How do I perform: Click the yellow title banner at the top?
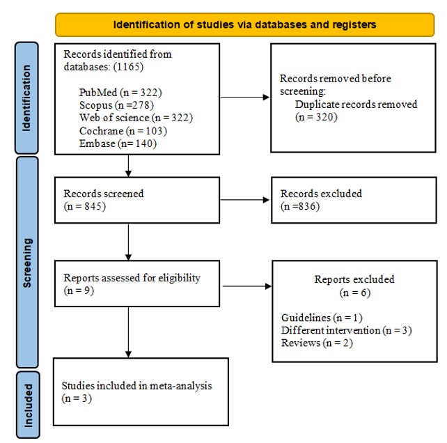click(244, 24)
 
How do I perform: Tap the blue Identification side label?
click(26, 98)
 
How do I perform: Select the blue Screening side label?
click(27, 263)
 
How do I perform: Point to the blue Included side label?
click(29, 405)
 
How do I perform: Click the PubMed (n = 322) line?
click(120, 93)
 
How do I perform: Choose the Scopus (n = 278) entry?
click(116, 105)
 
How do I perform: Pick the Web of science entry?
click(136, 118)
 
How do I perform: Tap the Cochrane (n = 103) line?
click(123, 131)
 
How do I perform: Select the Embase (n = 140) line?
click(118, 143)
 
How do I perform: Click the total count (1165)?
click(128, 67)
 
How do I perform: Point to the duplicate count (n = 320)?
click(316, 117)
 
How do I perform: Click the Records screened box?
click(137, 200)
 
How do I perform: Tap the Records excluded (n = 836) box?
click(354, 200)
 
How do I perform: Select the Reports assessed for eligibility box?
click(137, 283)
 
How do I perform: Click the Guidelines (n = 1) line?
click(322, 318)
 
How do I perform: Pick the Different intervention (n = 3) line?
click(347, 330)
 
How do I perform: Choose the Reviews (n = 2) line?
click(317, 343)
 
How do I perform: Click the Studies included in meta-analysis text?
click(137, 386)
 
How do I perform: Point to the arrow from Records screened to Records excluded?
click(245, 200)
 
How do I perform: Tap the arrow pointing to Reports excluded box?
click(247, 286)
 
